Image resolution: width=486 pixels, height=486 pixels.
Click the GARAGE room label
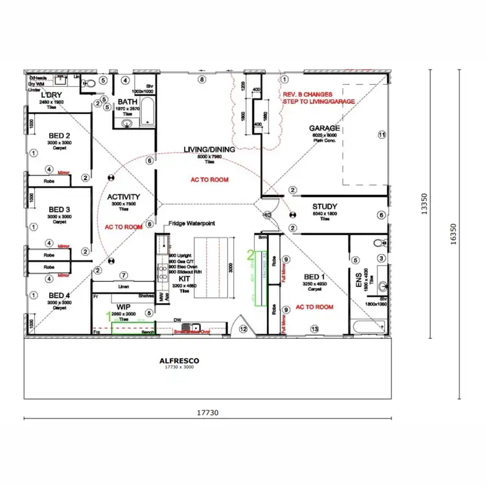point(325,128)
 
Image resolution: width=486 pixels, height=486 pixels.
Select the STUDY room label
point(325,207)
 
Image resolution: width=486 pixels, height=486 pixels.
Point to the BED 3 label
point(59,209)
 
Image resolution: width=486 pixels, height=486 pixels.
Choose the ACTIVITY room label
point(124,197)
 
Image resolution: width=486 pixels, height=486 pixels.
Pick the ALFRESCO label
point(179,360)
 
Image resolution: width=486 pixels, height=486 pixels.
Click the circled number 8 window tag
point(202,80)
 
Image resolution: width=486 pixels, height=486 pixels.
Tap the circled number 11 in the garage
point(382,135)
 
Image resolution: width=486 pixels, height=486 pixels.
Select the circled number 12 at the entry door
point(243,329)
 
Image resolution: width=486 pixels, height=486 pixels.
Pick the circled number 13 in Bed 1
point(315,329)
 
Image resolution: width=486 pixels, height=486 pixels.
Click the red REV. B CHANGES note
point(307,95)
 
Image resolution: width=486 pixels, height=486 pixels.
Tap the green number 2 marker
point(251,255)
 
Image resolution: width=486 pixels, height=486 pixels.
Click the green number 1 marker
point(109,317)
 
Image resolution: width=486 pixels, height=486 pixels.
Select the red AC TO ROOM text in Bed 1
point(314,307)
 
